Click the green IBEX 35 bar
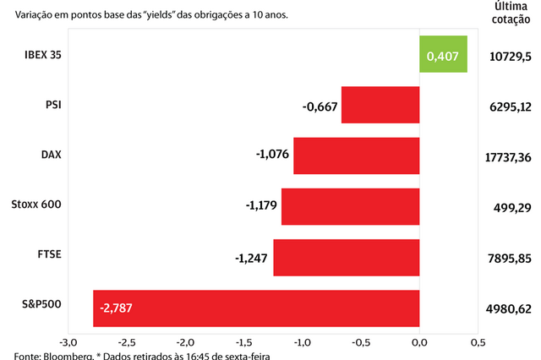[444, 54]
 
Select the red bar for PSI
[380, 105]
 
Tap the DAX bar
[357, 155]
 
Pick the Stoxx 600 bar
[351, 206]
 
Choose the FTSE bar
[347, 257]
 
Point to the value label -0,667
[320, 106]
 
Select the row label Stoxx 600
[37, 205]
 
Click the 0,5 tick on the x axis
[478, 342]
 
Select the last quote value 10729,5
[511, 57]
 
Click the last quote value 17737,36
[510, 157]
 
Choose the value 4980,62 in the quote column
[511, 308]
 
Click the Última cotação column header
[511, 14]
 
